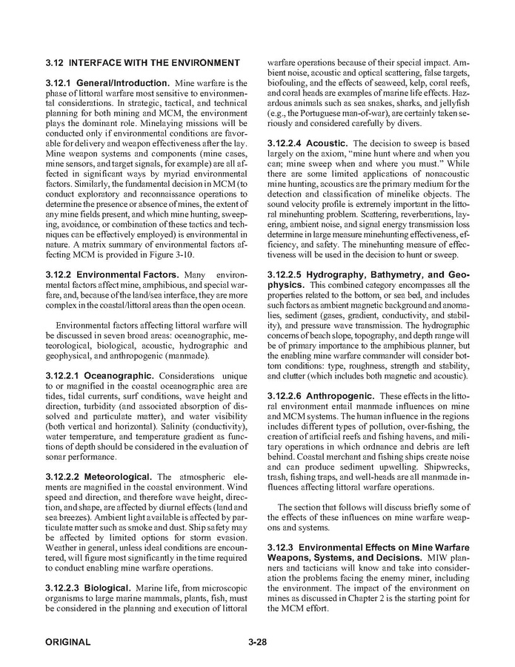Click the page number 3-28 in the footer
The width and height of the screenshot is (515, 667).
[x=257, y=642]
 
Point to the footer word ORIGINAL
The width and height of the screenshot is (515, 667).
[x=67, y=642]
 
